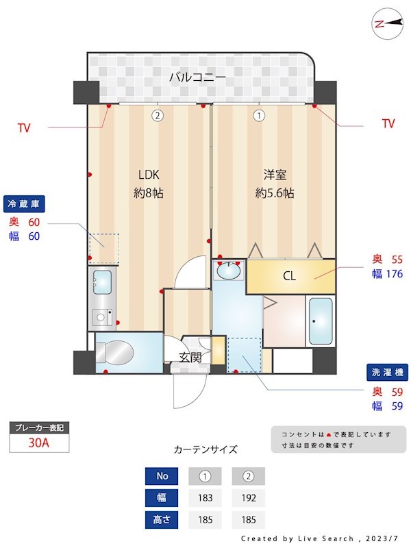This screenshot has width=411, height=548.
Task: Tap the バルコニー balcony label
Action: click(198, 77)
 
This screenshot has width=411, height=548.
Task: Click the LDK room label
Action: click(148, 173)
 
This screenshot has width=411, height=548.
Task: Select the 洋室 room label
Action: click(274, 173)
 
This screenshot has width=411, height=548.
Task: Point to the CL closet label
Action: click(289, 277)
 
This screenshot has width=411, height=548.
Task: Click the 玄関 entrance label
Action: click(190, 356)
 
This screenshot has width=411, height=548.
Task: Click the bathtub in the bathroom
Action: click(320, 321)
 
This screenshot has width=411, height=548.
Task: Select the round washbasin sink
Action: click(229, 271)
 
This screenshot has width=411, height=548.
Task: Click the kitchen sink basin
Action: click(103, 281)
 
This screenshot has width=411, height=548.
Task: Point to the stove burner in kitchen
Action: click(101, 316)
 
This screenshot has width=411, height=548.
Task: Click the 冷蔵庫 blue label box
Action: click(25, 203)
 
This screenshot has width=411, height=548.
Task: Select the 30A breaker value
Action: click(39, 443)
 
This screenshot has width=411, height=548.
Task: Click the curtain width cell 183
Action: click(204, 498)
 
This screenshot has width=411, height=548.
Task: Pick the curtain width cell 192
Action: click(248, 498)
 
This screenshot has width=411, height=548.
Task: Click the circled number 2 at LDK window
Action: click(158, 116)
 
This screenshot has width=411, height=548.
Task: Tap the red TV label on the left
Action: click(24, 127)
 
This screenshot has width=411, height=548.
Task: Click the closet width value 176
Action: click(393, 274)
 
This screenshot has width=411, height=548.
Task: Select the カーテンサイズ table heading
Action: click(206, 450)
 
